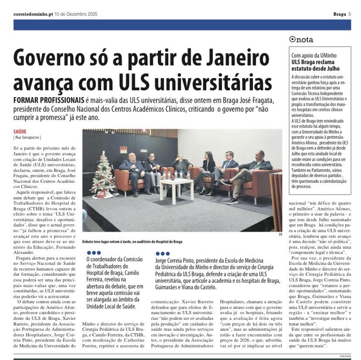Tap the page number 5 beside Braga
[x=349, y=14]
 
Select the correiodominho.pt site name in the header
[x=33, y=14]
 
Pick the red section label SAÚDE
[x=20, y=131]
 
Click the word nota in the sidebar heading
[x=304, y=40]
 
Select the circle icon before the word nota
[x=293, y=40]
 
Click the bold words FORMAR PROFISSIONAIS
[x=48, y=100]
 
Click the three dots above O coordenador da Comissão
[x=94, y=253]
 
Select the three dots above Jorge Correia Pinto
[x=162, y=253]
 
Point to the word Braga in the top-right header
[x=339, y=14]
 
